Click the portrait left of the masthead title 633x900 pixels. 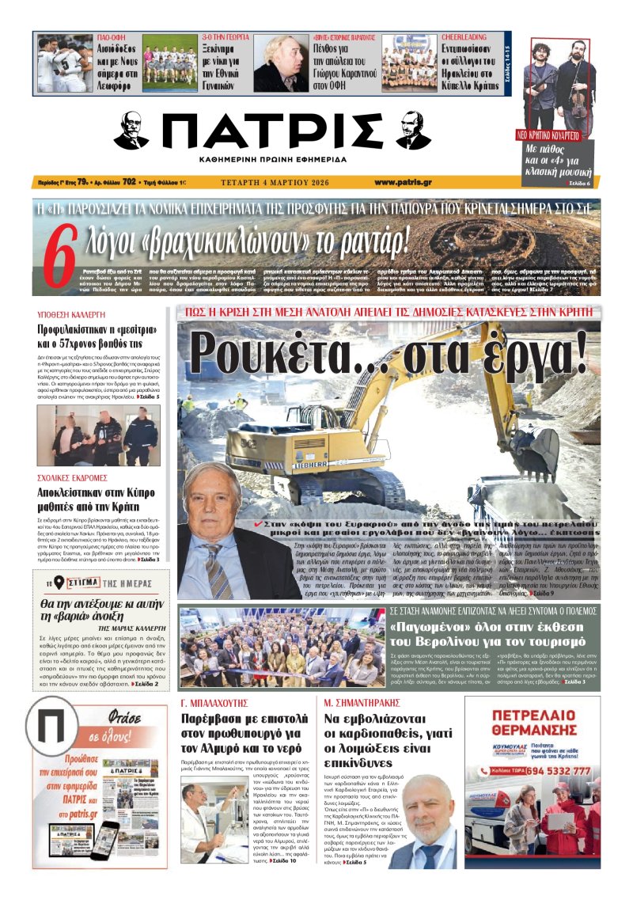coord(131,131)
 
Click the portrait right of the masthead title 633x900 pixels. coord(412,131)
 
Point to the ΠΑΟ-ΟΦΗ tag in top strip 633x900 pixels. coord(114,36)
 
